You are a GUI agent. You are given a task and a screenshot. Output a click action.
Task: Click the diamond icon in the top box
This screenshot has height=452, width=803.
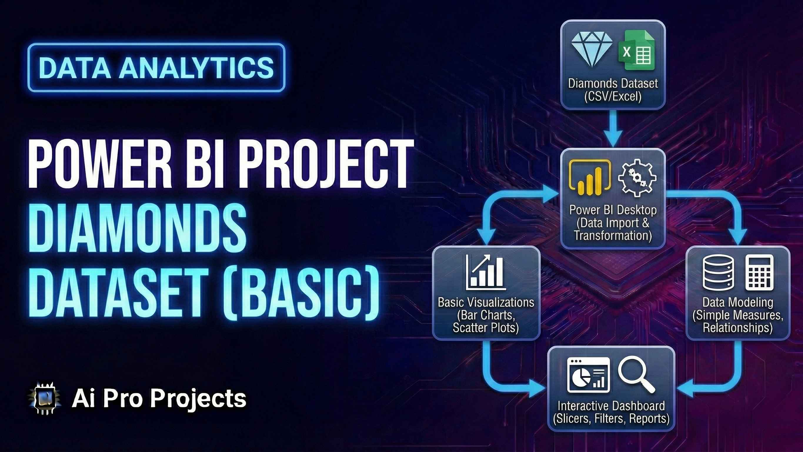pyautogui.click(x=591, y=49)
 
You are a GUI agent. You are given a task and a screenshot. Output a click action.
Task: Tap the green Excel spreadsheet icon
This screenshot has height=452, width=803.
pyautogui.click(x=636, y=51)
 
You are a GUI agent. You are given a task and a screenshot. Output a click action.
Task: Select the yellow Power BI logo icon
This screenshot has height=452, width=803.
pyautogui.click(x=590, y=177)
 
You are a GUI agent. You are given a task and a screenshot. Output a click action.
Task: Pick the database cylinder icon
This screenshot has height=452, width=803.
pyautogui.click(x=718, y=272)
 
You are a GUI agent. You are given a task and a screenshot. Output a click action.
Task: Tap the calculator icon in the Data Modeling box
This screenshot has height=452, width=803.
pyautogui.click(x=759, y=272)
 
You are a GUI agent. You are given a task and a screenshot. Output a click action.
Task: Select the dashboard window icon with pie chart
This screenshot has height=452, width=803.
pyautogui.click(x=588, y=375)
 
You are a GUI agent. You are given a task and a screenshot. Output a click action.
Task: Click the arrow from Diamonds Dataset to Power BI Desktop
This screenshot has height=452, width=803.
pyautogui.click(x=613, y=129)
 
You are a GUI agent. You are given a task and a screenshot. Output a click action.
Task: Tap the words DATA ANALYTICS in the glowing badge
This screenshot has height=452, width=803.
pyautogui.click(x=156, y=68)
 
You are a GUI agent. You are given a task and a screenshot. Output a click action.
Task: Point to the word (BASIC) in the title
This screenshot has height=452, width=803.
pyautogui.click(x=301, y=292)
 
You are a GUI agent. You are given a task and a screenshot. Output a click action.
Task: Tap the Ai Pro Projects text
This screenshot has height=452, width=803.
pyautogui.click(x=159, y=399)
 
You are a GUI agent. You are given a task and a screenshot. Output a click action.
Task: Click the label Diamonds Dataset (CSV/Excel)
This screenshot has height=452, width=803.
pyautogui.click(x=613, y=89)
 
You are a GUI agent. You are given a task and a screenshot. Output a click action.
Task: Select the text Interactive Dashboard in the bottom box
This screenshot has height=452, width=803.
pyautogui.click(x=611, y=406)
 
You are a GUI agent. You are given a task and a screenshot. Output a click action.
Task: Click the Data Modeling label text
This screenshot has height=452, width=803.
pyautogui.click(x=737, y=302)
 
